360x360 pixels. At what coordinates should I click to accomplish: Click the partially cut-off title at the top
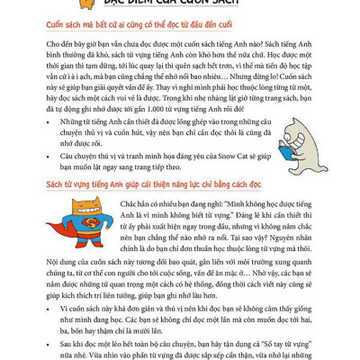point(181,4)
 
